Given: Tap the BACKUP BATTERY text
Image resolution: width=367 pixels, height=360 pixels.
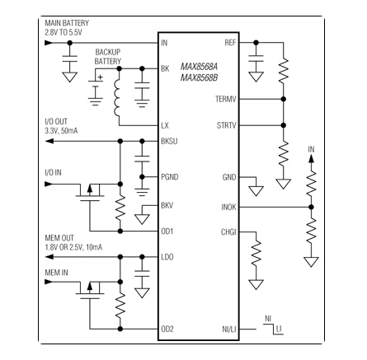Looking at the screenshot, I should point(108,56).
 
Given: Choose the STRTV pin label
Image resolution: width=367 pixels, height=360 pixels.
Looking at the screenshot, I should point(225,125).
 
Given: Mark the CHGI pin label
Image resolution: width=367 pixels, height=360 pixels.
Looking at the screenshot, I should point(228,232).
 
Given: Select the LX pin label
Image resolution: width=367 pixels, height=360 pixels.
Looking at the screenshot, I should point(165,124).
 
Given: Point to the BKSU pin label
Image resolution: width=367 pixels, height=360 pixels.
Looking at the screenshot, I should point(168,142).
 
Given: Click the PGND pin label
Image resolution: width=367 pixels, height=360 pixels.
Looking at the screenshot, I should point(169,177).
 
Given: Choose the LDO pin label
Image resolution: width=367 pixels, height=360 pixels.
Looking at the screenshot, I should point(167,258).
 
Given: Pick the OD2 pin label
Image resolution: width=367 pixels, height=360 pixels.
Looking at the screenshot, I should point(167,328).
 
